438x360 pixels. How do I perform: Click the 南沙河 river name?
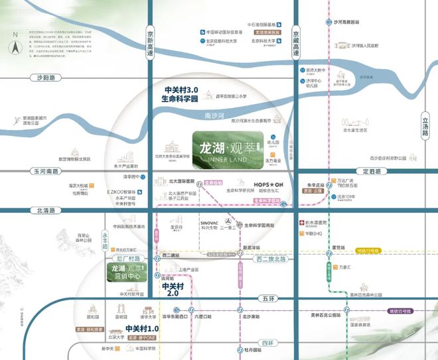215,115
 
